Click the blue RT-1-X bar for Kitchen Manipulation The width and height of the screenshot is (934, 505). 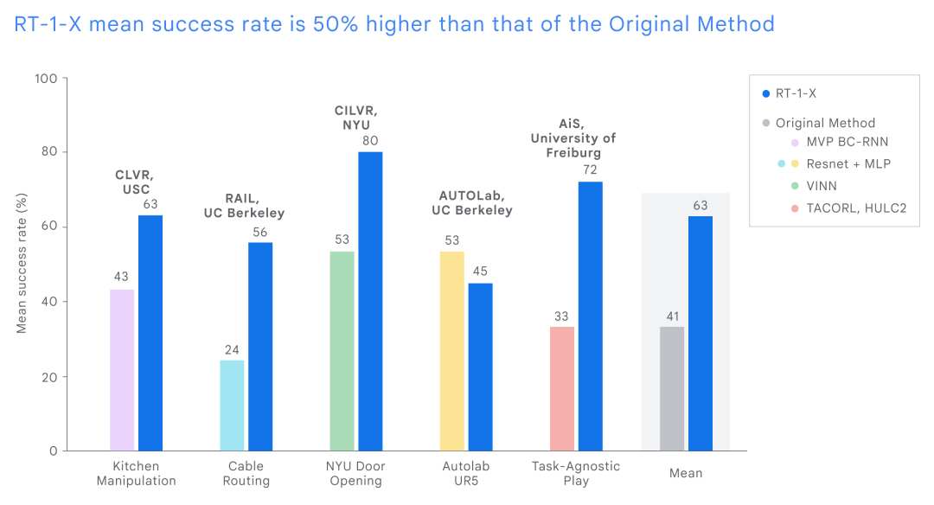click(x=150, y=333)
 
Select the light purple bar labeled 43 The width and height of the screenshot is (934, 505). click(x=122, y=370)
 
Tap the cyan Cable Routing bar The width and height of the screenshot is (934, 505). click(x=232, y=406)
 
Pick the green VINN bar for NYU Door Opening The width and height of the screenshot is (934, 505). click(x=342, y=351)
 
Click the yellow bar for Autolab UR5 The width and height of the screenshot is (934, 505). click(x=452, y=351)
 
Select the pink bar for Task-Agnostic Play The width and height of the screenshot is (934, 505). click(x=562, y=388)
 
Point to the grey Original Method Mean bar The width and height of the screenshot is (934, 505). click(x=672, y=388)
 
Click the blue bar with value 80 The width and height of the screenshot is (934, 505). click(x=370, y=301)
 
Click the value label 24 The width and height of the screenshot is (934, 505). click(x=232, y=349)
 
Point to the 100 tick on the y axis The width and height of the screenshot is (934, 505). click(x=45, y=79)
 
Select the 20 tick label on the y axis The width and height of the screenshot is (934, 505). click(x=49, y=377)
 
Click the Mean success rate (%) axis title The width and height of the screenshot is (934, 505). click(x=22, y=264)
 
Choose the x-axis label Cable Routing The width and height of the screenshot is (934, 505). click(x=246, y=473)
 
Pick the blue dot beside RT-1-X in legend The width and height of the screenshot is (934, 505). click(x=764, y=94)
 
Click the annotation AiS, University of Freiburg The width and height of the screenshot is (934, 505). click(x=573, y=137)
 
